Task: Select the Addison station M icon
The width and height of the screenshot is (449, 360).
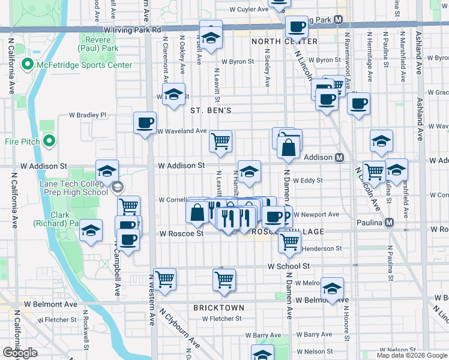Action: click(x=339, y=157)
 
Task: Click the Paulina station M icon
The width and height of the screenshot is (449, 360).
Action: click(x=390, y=223)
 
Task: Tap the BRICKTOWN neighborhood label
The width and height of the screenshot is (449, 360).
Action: click(x=218, y=308)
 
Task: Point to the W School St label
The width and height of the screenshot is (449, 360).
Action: click(x=288, y=266)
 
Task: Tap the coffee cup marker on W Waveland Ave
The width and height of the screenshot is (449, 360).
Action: click(x=145, y=124)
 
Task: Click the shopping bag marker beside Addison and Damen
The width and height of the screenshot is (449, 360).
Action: click(x=289, y=147)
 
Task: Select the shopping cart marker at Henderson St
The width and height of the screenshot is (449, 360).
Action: click(x=289, y=242)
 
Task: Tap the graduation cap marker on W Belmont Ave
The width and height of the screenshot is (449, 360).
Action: click(x=332, y=289)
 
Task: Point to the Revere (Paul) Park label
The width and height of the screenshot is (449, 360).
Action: click(x=94, y=44)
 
